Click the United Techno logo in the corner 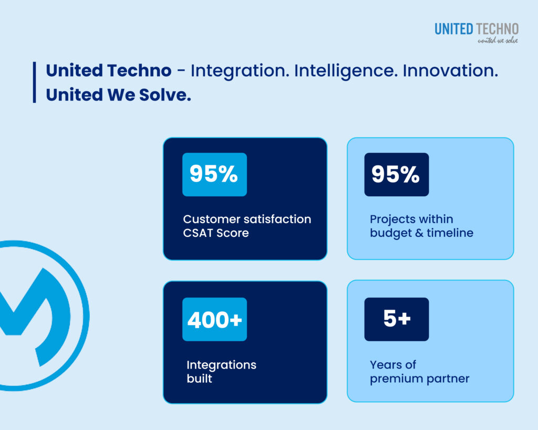coord(476,29)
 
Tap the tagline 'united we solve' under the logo coord(497,40)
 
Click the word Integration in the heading coord(238,71)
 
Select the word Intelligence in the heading coord(346,71)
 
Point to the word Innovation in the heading coord(450,71)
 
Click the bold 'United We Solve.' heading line coord(118,95)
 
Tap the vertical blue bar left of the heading coord(34,82)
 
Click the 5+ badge coord(396,319)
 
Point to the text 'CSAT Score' coord(216,233)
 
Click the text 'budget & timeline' coord(421,233)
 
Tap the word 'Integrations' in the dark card coord(221,365)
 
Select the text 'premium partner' coord(419,379)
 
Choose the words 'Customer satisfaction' coord(247,219)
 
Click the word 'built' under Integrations coord(199,379)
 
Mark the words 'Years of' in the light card coord(392,364)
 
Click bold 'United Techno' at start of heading coord(108,71)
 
